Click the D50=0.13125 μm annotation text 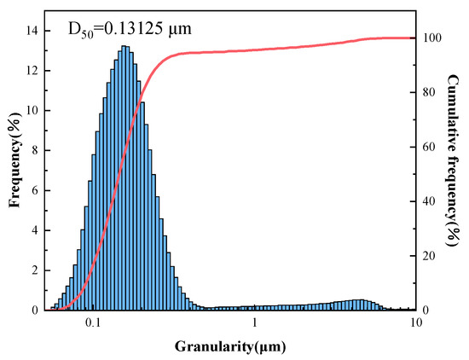pos(129,28)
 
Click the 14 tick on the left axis pos(29,31)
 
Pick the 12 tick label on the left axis pos(29,71)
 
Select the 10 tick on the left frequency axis pos(29,111)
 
